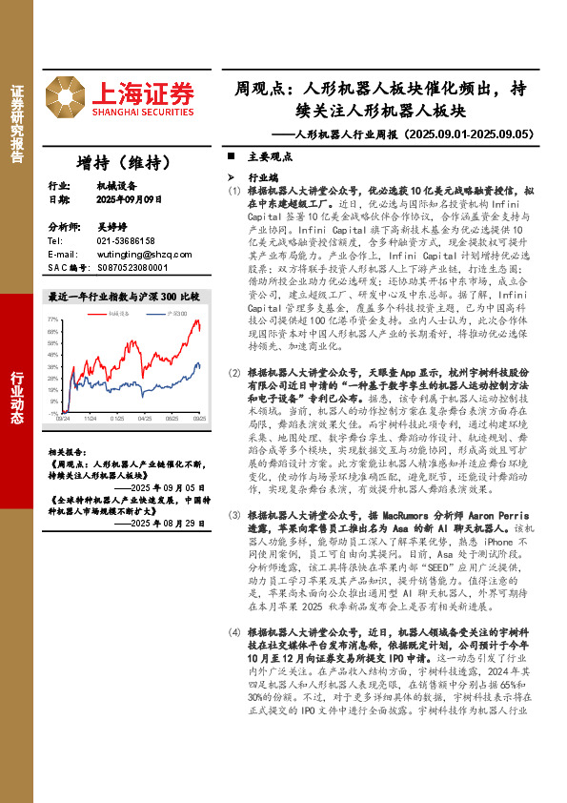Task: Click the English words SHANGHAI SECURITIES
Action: (x=143, y=112)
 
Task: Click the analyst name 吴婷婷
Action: (x=110, y=227)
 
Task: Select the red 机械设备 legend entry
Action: (x=119, y=313)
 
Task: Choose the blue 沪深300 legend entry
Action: (x=173, y=313)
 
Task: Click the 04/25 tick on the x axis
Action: (x=145, y=418)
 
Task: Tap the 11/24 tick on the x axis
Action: (x=89, y=418)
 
